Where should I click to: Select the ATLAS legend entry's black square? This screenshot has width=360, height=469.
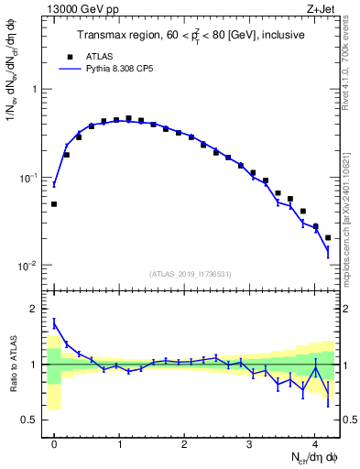(x=70, y=55)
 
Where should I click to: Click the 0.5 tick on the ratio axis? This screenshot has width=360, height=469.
(x=33, y=420)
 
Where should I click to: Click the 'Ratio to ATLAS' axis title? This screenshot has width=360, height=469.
(x=12, y=364)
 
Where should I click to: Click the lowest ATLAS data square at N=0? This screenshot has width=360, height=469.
(x=54, y=204)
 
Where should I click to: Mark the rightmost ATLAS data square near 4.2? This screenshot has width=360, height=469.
(x=328, y=237)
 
